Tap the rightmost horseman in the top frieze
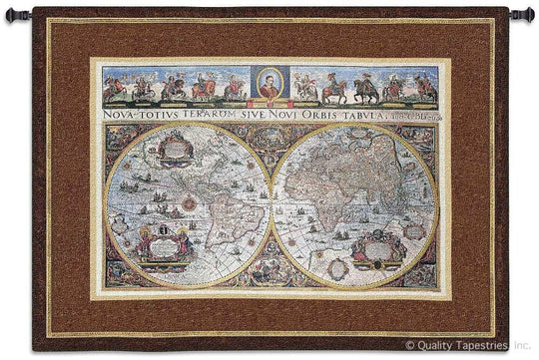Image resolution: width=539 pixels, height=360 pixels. [x=425, y=88]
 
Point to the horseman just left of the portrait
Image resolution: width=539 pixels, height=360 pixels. [x=234, y=88]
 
